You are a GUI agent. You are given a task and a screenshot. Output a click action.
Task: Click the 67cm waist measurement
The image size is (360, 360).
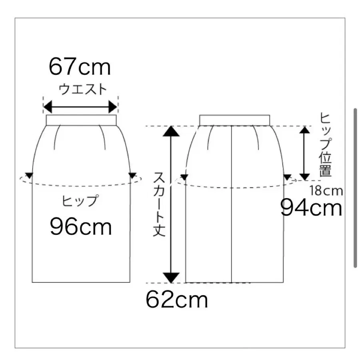80,66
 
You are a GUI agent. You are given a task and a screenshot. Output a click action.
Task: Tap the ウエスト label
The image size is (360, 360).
83,90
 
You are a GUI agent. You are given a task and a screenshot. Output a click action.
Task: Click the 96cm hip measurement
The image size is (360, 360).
81,227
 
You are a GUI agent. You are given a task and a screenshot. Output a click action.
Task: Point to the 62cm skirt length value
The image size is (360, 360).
177,299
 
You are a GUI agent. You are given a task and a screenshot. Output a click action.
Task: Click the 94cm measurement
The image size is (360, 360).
311,208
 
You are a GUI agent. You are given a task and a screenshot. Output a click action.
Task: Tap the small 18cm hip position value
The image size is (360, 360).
326,190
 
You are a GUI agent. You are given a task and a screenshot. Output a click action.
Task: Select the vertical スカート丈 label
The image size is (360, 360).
159,204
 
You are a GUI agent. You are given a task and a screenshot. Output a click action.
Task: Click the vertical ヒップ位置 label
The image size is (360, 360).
325,145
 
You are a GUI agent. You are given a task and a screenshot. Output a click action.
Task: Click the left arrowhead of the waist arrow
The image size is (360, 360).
48,107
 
